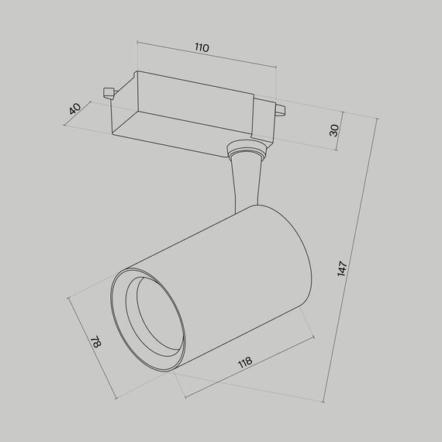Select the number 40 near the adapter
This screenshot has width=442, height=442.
74,109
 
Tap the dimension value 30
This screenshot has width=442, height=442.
334,129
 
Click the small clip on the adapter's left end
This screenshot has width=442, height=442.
108,92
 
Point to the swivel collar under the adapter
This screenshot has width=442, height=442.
247,148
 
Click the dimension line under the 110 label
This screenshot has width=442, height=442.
206,57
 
